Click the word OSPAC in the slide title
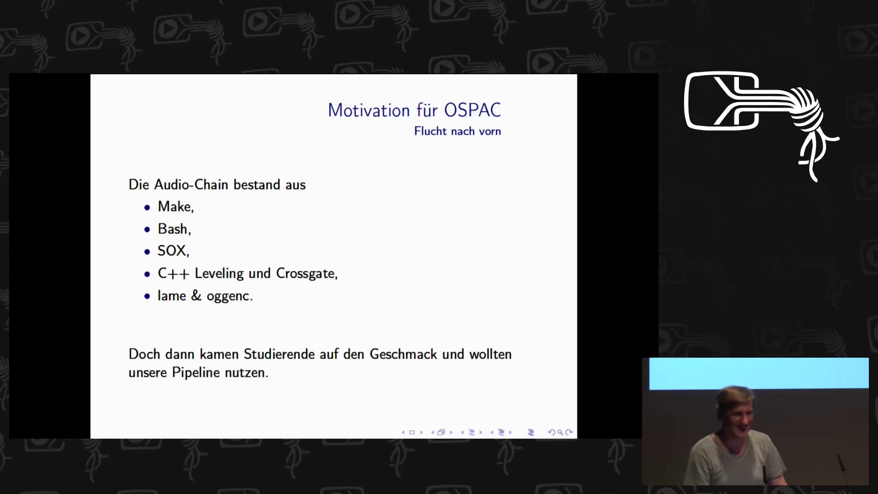[x=472, y=110]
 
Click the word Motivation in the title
[x=369, y=110]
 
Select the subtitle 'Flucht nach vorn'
[x=457, y=131]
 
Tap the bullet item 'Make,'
[x=176, y=207]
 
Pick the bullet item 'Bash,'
[x=174, y=229]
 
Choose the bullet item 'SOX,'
[x=173, y=251]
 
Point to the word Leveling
[x=219, y=274]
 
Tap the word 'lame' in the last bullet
[x=171, y=295]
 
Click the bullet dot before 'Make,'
[x=147, y=208]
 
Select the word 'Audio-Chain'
[x=191, y=184]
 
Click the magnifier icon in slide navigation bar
[x=560, y=432]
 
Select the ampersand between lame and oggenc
[x=196, y=295]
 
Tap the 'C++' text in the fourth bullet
[x=173, y=274]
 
